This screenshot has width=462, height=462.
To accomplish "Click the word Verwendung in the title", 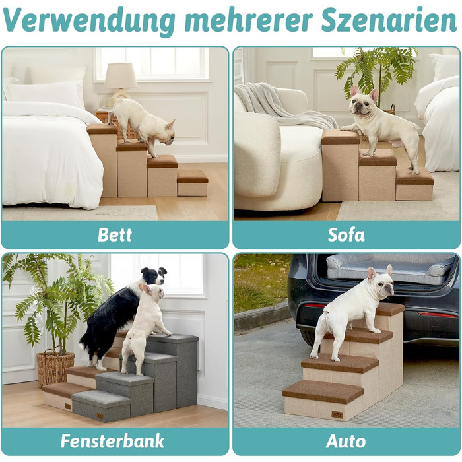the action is [89, 20].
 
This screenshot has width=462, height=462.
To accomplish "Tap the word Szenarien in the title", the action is [389, 20].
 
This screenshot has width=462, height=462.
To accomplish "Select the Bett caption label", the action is [115, 235].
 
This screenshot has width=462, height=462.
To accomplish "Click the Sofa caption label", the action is [346, 235].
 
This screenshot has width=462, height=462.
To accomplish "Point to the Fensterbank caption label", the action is [112, 441].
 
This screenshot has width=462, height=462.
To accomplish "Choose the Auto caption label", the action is [346, 442].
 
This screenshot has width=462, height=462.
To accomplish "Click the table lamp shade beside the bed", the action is [121, 75].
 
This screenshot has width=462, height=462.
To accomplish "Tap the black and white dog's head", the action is [154, 276].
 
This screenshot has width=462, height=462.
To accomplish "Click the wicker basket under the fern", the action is [55, 367].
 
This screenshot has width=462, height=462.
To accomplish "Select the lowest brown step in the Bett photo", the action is [193, 176].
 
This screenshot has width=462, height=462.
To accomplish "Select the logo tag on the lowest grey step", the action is [100, 416].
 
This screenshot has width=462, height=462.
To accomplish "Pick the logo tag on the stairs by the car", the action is [337, 414].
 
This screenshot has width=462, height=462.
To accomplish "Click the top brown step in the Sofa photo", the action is [341, 137].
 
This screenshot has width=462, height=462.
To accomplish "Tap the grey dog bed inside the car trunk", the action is [391, 269].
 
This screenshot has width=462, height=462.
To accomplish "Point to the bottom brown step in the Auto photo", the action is [323, 392].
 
